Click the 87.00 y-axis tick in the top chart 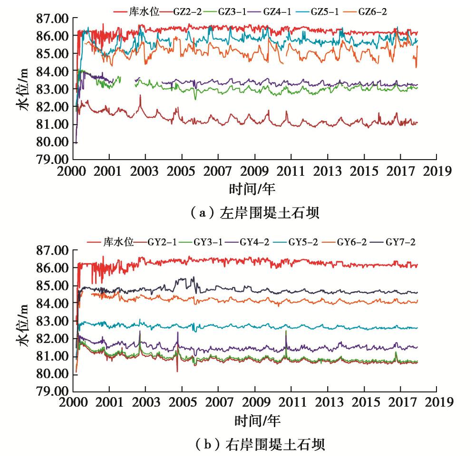[x=52, y=19]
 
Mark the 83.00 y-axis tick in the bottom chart [x=52, y=321]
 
